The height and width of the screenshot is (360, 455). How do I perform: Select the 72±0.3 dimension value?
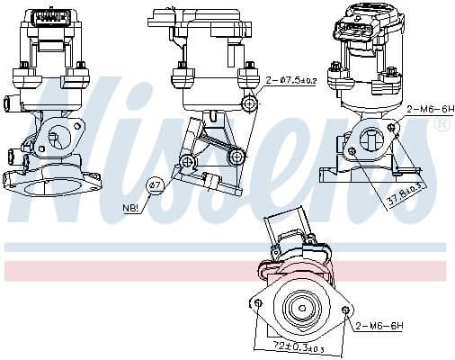click(x=301, y=346)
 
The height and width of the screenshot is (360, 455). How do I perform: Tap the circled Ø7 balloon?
click(x=155, y=186)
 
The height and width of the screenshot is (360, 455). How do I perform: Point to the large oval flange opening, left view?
click(x=49, y=186)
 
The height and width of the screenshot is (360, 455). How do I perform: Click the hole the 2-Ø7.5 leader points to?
click(x=251, y=104)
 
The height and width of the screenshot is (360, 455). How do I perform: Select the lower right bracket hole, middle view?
click(x=237, y=157)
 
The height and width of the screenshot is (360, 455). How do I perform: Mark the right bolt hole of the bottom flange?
click(x=347, y=310)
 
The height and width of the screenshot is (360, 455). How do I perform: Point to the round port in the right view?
click(x=371, y=139)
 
